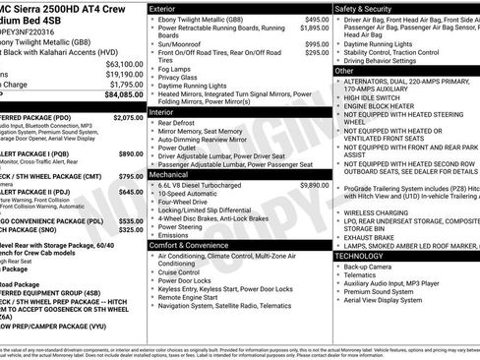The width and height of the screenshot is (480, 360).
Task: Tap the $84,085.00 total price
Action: click(x=124, y=95)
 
